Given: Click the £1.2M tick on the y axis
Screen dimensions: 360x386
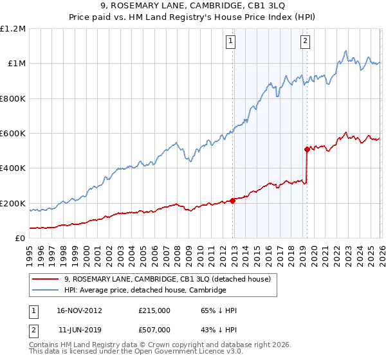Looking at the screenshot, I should point(14,29).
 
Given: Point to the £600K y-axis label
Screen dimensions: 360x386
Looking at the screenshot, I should point(14,134).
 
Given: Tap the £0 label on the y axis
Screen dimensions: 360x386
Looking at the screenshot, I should point(21,239).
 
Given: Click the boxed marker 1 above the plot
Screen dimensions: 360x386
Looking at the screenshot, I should point(231,41).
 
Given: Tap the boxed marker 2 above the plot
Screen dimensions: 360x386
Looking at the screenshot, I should point(304,41).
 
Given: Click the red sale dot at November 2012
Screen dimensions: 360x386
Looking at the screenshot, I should point(232,201).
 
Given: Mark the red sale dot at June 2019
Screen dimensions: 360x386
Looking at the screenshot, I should point(307,149).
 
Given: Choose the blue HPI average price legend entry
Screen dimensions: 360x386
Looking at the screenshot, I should point(145,291).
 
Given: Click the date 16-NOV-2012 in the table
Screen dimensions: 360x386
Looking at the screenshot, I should point(79,310).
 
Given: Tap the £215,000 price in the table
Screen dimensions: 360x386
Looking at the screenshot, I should point(154,310).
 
